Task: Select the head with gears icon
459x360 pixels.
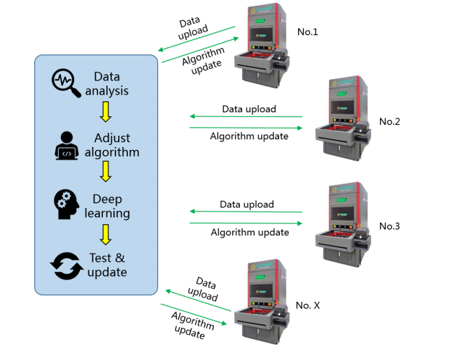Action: click(x=68, y=204)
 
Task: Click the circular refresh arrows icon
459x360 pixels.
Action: click(x=67, y=265)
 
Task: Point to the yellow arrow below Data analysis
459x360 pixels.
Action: click(x=106, y=111)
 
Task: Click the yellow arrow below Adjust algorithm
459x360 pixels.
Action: click(x=106, y=172)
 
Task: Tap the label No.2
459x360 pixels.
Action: click(x=390, y=121)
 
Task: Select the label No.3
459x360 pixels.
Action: click(x=390, y=226)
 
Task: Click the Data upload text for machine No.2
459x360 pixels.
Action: click(x=249, y=109)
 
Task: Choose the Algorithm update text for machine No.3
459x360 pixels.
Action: click(x=250, y=233)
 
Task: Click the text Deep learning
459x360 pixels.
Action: click(x=112, y=205)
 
